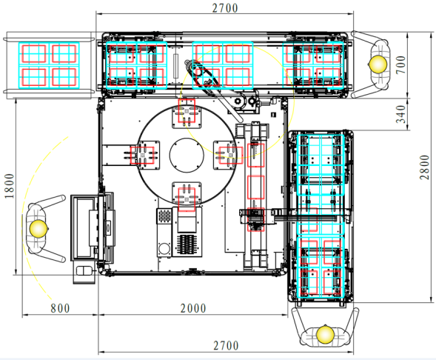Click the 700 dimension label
[x=400, y=65]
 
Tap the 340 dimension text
[x=400, y=114]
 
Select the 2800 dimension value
[x=424, y=167]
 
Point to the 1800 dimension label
[x=10, y=186]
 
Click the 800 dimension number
[x=60, y=308]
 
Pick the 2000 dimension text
[x=193, y=308]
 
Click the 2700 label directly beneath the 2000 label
[x=226, y=346]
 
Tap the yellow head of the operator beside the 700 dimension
[x=378, y=64]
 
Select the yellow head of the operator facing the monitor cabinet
[x=38, y=228]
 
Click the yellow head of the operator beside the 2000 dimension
[x=325, y=334]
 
